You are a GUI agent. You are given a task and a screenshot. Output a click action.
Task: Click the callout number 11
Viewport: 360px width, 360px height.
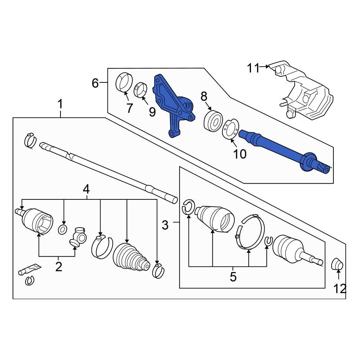pyautogui.click(x=253, y=68)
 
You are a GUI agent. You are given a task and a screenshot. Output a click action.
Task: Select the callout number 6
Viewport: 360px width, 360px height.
pyautogui.click(x=95, y=83)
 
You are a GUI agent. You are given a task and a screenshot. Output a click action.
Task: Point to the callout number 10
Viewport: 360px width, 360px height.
pyautogui.click(x=240, y=154)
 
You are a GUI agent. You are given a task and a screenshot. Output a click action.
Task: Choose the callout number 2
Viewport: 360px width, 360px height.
pyautogui.click(x=58, y=266)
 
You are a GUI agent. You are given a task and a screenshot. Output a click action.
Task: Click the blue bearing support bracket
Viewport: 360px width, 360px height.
pyautogui.click(x=172, y=104)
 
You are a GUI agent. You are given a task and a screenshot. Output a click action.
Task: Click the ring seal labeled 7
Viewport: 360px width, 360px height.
pyautogui.click(x=124, y=83)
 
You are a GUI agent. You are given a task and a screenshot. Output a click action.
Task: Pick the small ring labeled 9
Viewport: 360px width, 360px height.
pyautogui.click(x=140, y=90)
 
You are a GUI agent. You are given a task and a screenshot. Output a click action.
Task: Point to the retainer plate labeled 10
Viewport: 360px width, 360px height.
pyautogui.click(x=229, y=129)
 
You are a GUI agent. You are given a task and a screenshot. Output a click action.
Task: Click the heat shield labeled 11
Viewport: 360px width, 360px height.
pyautogui.click(x=306, y=92)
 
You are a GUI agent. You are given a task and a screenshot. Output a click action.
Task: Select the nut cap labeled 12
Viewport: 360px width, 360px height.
pyautogui.click(x=337, y=265)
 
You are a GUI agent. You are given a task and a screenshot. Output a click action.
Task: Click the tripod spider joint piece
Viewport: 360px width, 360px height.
pyautogui.click(x=79, y=237)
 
